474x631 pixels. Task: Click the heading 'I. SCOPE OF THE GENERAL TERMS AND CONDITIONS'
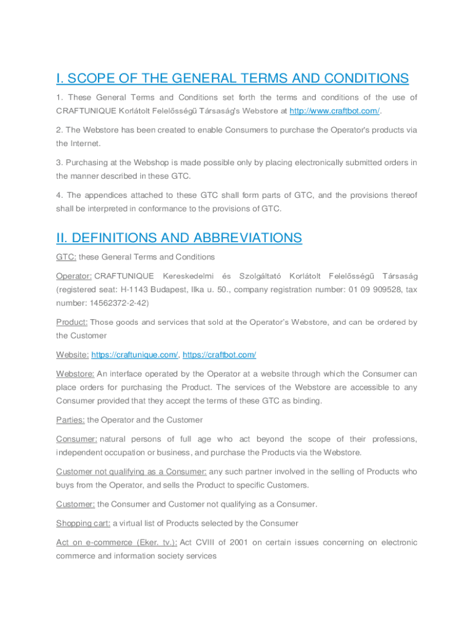[232, 78]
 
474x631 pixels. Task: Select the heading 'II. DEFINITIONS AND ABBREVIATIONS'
[179, 238]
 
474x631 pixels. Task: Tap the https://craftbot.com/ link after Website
[219, 355]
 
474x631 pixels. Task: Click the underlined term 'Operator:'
[74, 275]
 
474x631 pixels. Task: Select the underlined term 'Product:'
[72, 322]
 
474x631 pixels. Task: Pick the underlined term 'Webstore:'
[75, 374]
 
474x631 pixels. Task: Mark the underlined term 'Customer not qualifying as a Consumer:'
[131, 472]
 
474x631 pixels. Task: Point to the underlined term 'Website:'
[72, 355]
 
